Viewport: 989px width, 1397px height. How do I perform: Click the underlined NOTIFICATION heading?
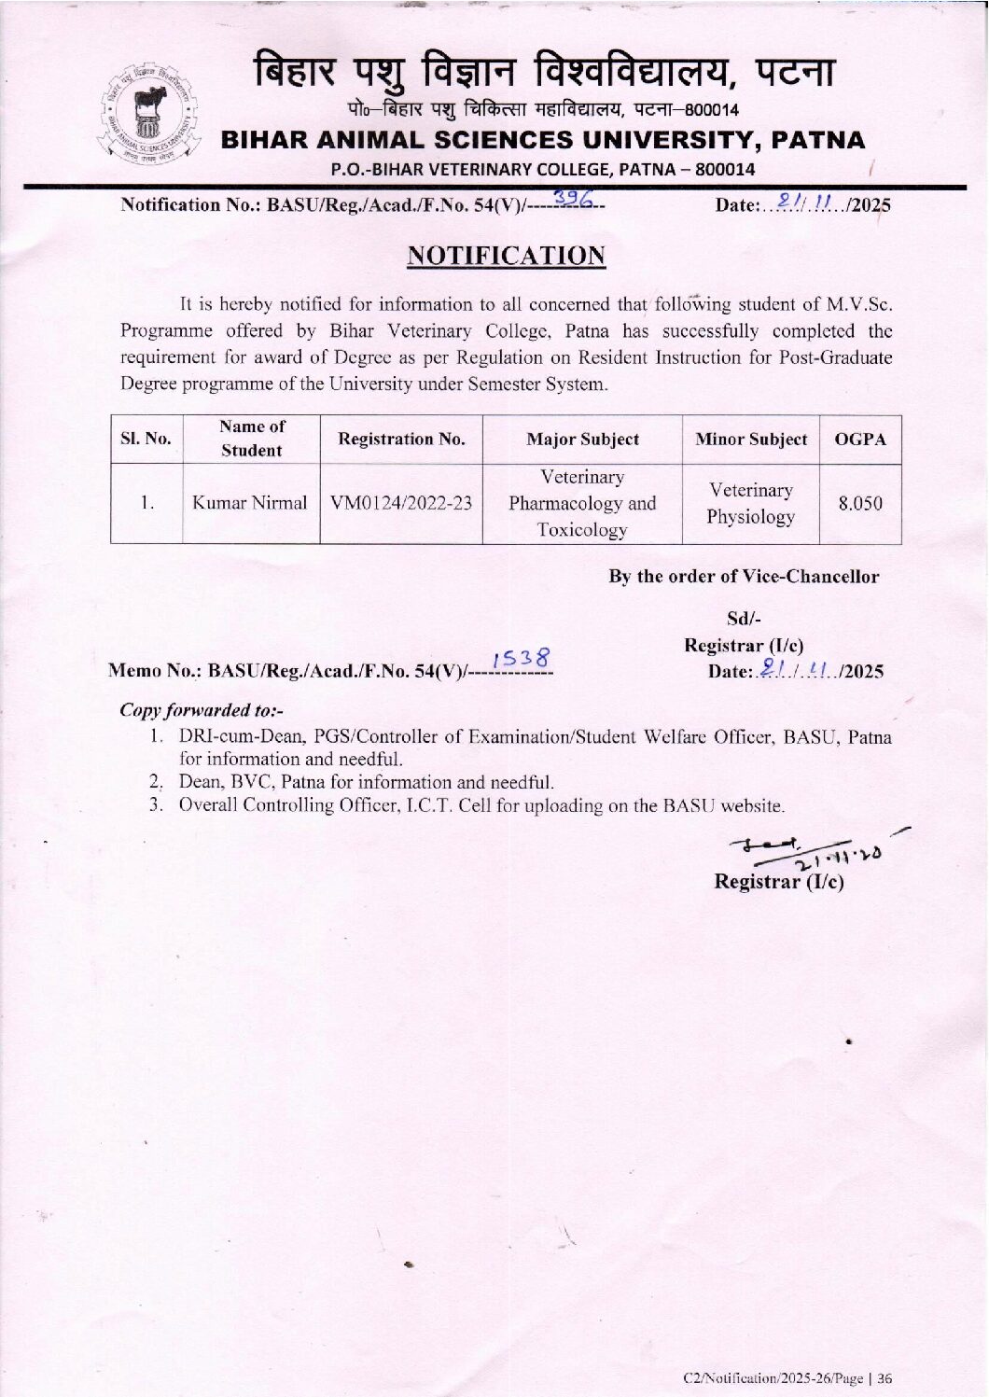(507, 256)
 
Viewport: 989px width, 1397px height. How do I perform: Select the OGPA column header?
(860, 440)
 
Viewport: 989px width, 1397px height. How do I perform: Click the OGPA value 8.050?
(859, 503)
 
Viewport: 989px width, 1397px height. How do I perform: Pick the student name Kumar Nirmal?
(249, 503)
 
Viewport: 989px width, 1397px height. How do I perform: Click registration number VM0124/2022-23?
(401, 503)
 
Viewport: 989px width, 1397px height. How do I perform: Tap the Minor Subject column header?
(751, 440)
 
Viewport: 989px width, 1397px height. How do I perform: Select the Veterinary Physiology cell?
(751, 503)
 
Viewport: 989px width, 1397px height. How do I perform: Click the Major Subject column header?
(582, 440)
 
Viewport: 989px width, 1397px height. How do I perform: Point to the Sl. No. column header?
(146, 439)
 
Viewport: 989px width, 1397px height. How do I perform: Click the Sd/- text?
(744, 619)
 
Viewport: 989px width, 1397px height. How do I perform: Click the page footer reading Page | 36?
(787, 1377)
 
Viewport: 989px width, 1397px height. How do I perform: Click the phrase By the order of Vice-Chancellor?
(744, 577)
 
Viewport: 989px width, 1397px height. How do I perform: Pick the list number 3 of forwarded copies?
(156, 805)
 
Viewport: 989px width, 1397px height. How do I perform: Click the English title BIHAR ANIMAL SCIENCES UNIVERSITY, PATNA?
(542, 141)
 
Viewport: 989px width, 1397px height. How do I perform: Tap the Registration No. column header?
(401, 440)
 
